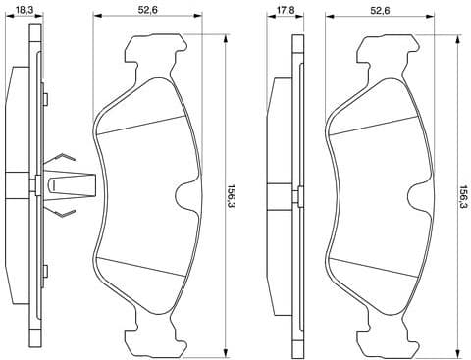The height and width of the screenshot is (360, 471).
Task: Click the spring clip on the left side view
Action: click(67, 183)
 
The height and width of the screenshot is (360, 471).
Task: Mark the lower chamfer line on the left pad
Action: click(143, 267)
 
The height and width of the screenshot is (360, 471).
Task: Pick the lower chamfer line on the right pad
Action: click(376, 267)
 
